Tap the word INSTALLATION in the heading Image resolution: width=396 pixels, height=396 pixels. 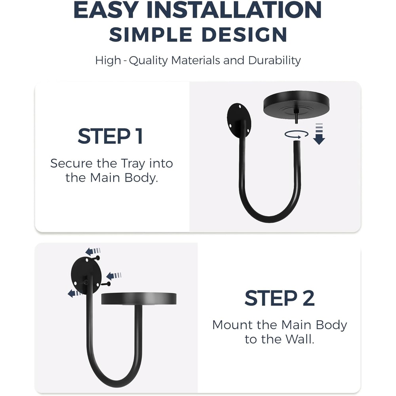click(x=234, y=10)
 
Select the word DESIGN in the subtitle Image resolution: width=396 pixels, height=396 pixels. click(x=244, y=34)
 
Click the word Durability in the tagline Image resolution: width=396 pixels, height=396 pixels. click(x=274, y=60)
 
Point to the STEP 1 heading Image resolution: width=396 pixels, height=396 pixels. click(x=110, y=136)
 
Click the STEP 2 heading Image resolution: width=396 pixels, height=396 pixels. click(x=280, y=298)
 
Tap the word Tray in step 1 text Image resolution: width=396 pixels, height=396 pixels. click(x=133, y=164)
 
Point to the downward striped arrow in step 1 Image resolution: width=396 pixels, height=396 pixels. click(x=319, y=134)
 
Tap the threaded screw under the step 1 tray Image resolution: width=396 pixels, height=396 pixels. click(x=296, y=118)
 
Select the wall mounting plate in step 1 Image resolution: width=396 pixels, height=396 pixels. click(x=239, y=120)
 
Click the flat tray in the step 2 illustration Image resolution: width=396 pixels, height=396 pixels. click(x=139, y=299)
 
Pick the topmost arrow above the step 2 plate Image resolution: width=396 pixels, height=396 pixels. click(x=93, y=251)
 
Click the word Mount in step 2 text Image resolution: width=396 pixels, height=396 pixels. click(x=232, y=325)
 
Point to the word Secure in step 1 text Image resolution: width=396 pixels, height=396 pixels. click(x=71, y=164)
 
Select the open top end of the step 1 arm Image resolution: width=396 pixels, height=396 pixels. click(x=297, y=142)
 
